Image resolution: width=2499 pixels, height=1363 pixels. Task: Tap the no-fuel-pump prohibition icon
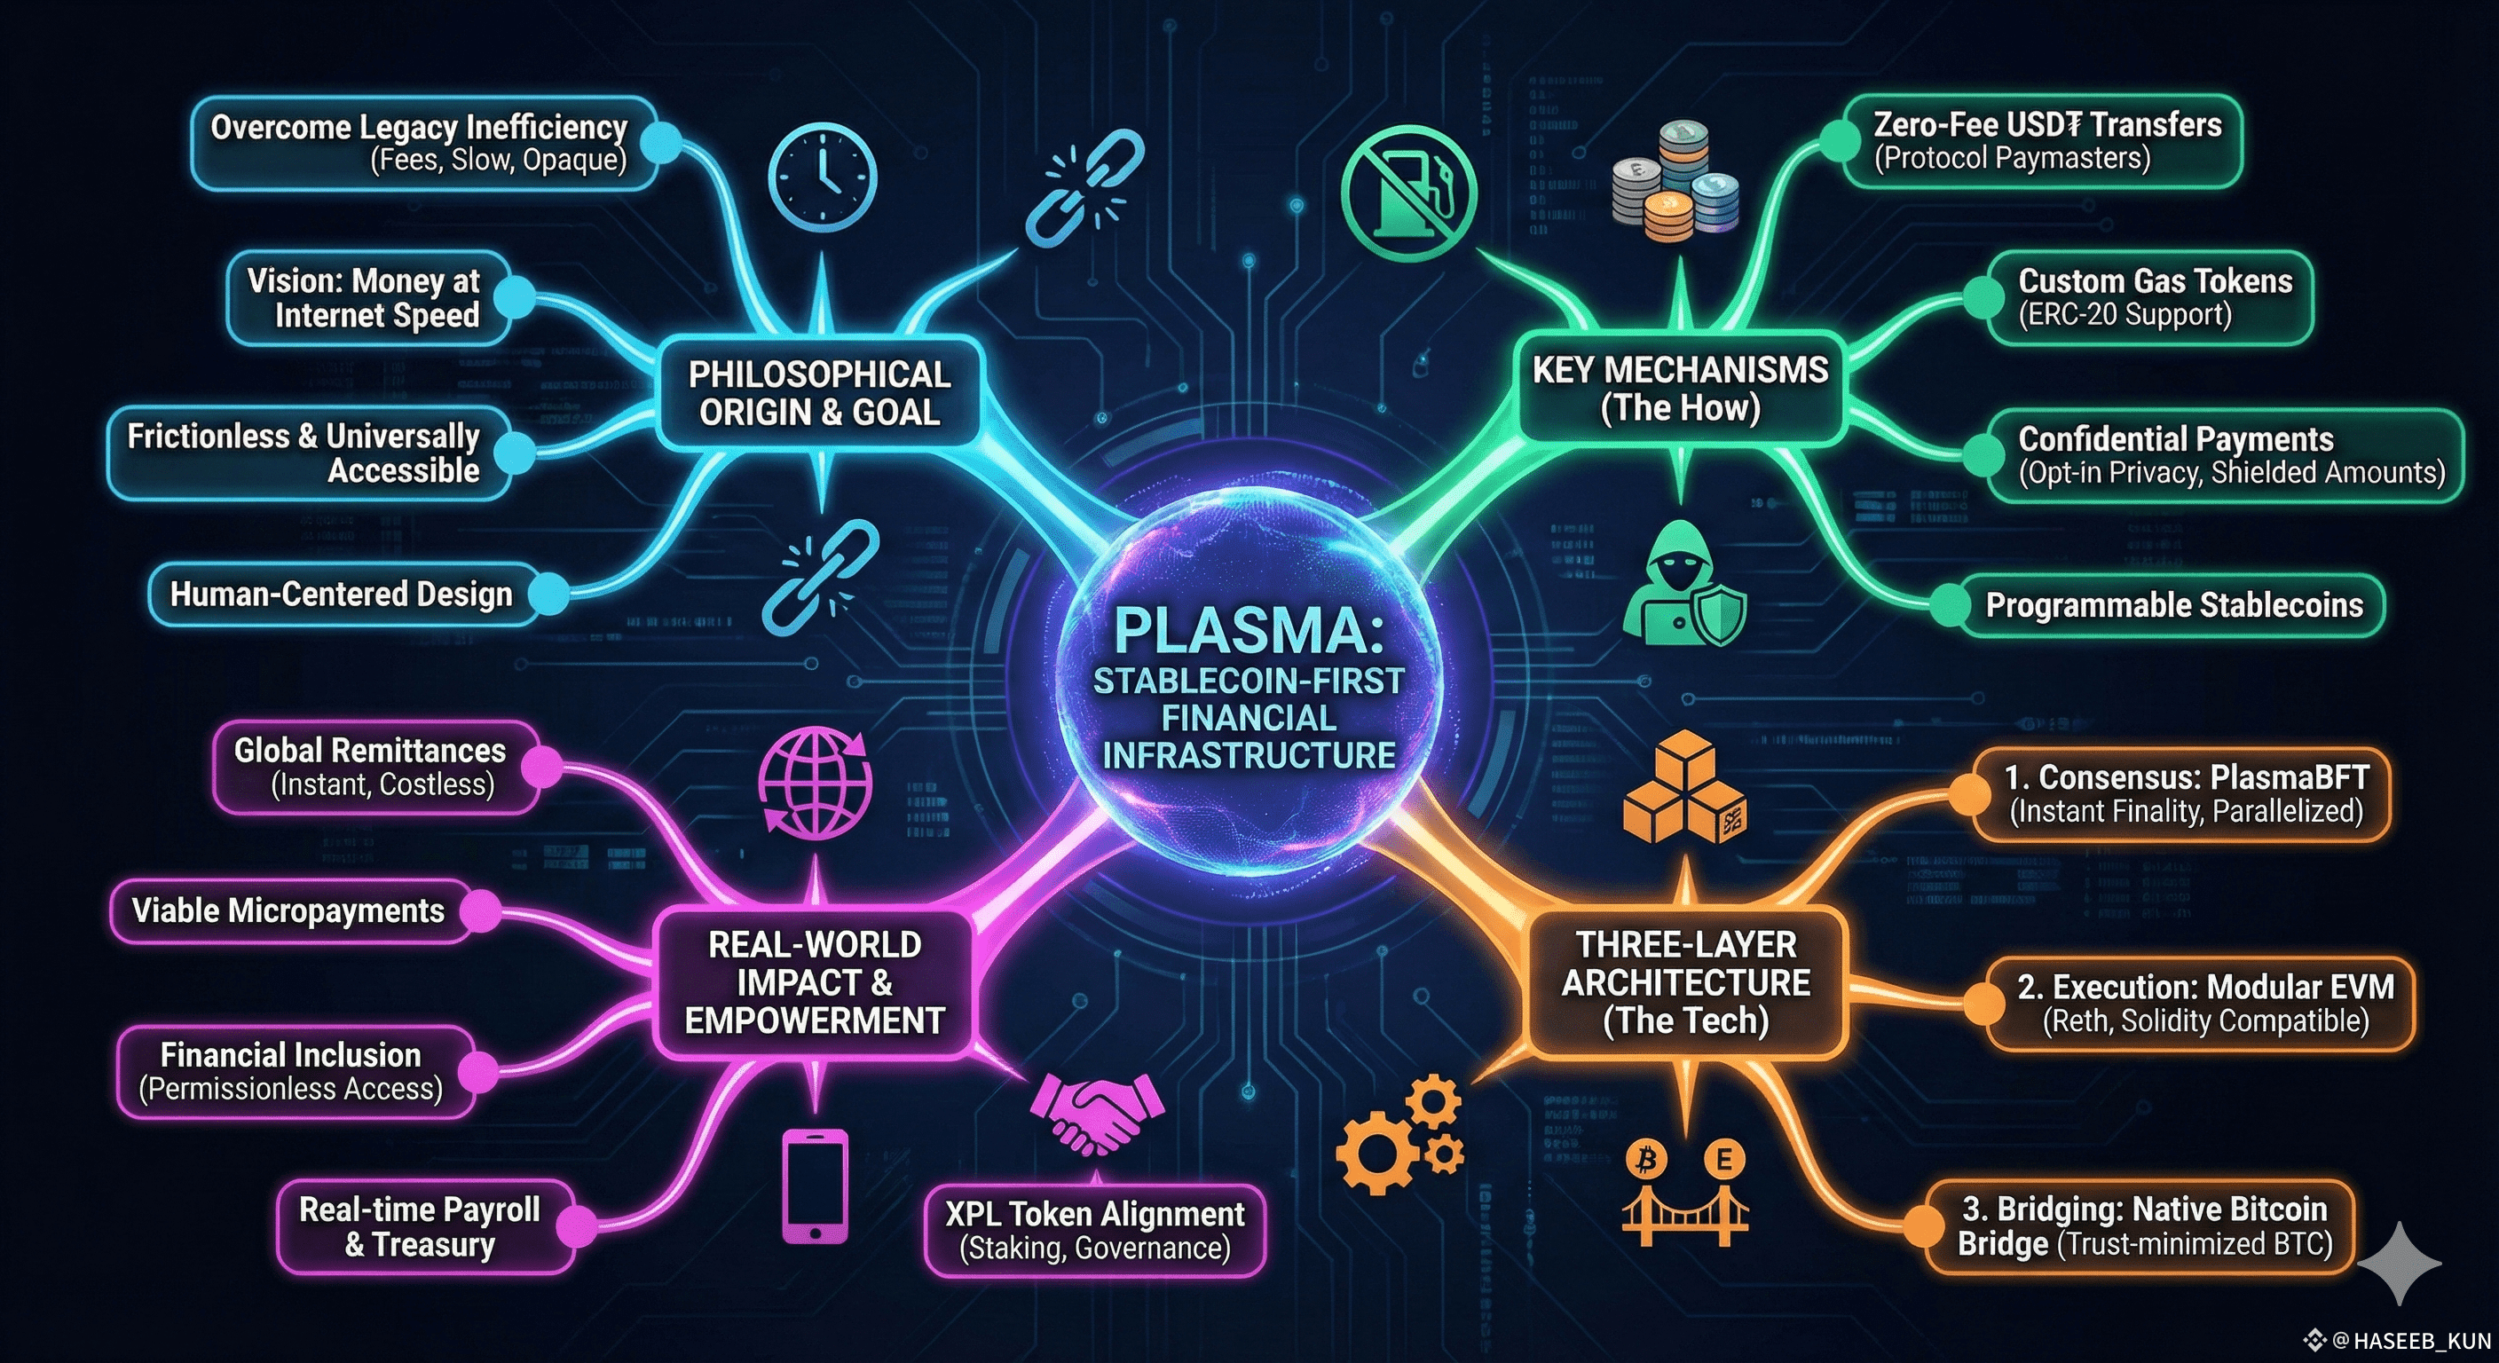[x=1408, y=194]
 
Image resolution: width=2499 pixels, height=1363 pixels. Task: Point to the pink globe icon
[x=815, y=782]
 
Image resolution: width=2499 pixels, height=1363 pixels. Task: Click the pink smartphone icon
[x=815, y=1186]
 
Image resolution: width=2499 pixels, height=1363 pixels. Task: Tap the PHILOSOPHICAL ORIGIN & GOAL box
[x=819, y=393]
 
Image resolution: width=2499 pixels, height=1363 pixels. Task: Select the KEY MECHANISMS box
[x=1680, y=388]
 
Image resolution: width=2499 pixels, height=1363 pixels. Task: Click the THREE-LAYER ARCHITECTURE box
[x=1685, y=981]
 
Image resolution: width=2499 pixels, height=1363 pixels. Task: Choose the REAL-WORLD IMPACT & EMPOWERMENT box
[x=814, y=981]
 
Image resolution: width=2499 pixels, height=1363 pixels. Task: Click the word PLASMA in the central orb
[x=1249, y=631]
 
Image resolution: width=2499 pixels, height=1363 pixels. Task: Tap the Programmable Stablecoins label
[x=2173, y=605]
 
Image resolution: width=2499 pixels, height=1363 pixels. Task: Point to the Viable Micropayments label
[x=288, y=910]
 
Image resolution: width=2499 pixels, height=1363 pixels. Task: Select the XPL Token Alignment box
[x=1094, y=1229]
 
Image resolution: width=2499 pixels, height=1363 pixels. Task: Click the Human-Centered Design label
[x=341, y=594]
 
